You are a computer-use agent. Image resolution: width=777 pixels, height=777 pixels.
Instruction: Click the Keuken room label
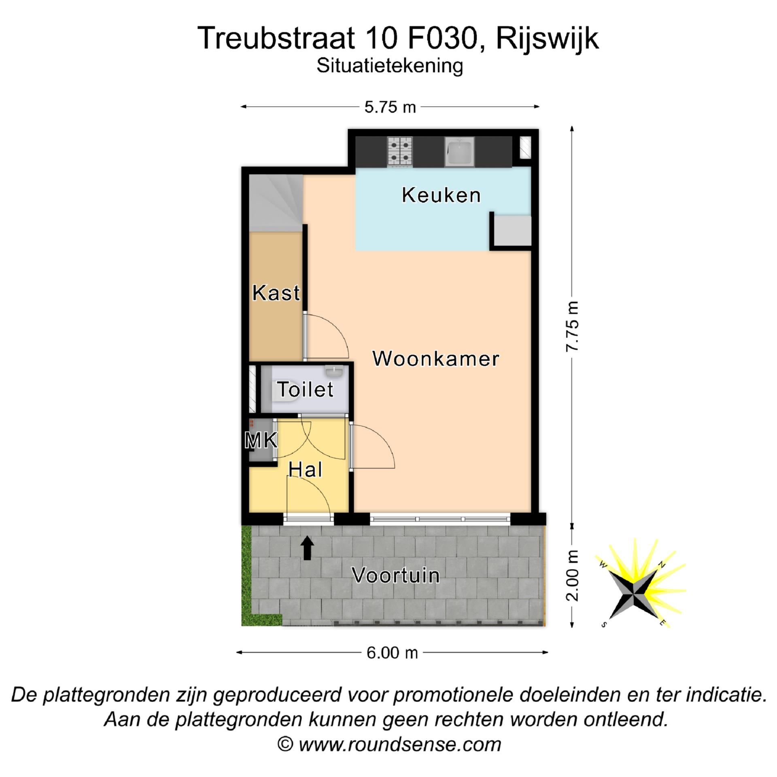coord(441,195)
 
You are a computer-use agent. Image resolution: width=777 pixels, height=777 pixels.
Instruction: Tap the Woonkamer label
coord(435,359)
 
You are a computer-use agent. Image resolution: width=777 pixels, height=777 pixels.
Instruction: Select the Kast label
coord(276,293)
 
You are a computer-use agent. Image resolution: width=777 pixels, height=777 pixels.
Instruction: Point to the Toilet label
coord(306,389)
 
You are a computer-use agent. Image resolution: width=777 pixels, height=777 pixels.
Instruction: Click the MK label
coord(261,440)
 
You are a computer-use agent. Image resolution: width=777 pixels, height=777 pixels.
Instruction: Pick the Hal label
coord(305,470)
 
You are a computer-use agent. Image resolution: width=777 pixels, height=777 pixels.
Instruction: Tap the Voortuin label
coord(395,575)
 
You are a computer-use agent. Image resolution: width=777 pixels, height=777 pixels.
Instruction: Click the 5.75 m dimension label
coord(390,107)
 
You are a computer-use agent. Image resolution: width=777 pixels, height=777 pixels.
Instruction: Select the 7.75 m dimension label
coord(572,327)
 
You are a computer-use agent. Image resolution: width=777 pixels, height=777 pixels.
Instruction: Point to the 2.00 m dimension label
coord(572,575)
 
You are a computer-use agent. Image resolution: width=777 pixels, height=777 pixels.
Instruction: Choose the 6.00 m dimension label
coord(392,653)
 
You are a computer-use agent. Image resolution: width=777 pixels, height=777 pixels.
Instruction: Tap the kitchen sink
coord(459,152)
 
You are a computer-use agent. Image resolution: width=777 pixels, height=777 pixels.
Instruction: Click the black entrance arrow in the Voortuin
coord(307,548)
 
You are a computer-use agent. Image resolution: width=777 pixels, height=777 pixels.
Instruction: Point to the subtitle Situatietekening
coord(389,66)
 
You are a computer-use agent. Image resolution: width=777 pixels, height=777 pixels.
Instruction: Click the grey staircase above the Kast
coord(276,203)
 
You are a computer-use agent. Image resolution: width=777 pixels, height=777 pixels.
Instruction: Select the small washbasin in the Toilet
coord(334,371)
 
